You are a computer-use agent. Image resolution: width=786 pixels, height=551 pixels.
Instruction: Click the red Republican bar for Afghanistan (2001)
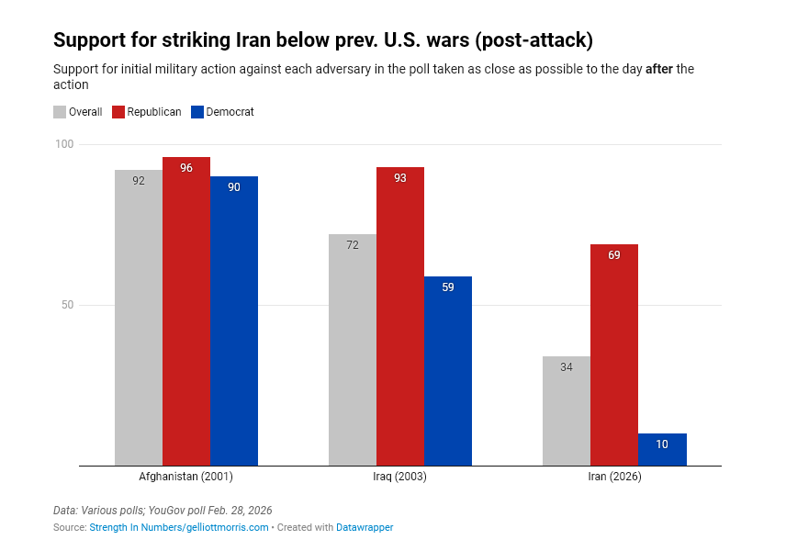click(186, 312)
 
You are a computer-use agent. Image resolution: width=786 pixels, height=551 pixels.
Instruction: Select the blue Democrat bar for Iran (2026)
click(662, 450)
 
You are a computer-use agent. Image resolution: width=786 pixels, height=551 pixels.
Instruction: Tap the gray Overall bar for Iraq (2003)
click(353, 350)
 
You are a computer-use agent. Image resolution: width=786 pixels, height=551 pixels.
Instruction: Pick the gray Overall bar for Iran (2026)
click(567, 411)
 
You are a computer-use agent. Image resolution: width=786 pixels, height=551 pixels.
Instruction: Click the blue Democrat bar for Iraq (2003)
click(448, 371)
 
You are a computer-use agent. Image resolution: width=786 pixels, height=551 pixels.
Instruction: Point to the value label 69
click(614, 255)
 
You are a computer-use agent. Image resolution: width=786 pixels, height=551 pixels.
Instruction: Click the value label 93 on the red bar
click(400, 178)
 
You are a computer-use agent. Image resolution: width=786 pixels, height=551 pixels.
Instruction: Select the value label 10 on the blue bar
click(662, 444)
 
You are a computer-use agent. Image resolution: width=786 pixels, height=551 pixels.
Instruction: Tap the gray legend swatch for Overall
click(60, 112)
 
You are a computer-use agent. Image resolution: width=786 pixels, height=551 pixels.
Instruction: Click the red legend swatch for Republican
click(118, 112)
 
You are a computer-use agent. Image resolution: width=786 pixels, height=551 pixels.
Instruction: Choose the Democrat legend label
click(230, 112)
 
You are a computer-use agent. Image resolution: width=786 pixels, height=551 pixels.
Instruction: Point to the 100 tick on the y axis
click(63, 144)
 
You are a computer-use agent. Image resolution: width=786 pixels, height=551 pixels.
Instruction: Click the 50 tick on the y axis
click(66, 305)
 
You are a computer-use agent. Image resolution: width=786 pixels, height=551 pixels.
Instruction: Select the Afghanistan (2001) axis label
click(186, 478)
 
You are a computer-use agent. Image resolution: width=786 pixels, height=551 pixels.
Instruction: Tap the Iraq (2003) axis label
click(400, 478)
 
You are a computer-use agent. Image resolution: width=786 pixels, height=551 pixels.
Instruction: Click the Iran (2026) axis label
click(614, 478)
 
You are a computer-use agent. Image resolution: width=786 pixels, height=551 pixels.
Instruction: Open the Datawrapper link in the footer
click(365, 527)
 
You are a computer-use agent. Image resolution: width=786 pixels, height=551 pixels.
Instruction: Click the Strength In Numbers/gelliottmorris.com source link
click(179, 527)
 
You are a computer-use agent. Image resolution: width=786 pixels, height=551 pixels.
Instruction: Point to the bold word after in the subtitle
click(659, 70)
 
